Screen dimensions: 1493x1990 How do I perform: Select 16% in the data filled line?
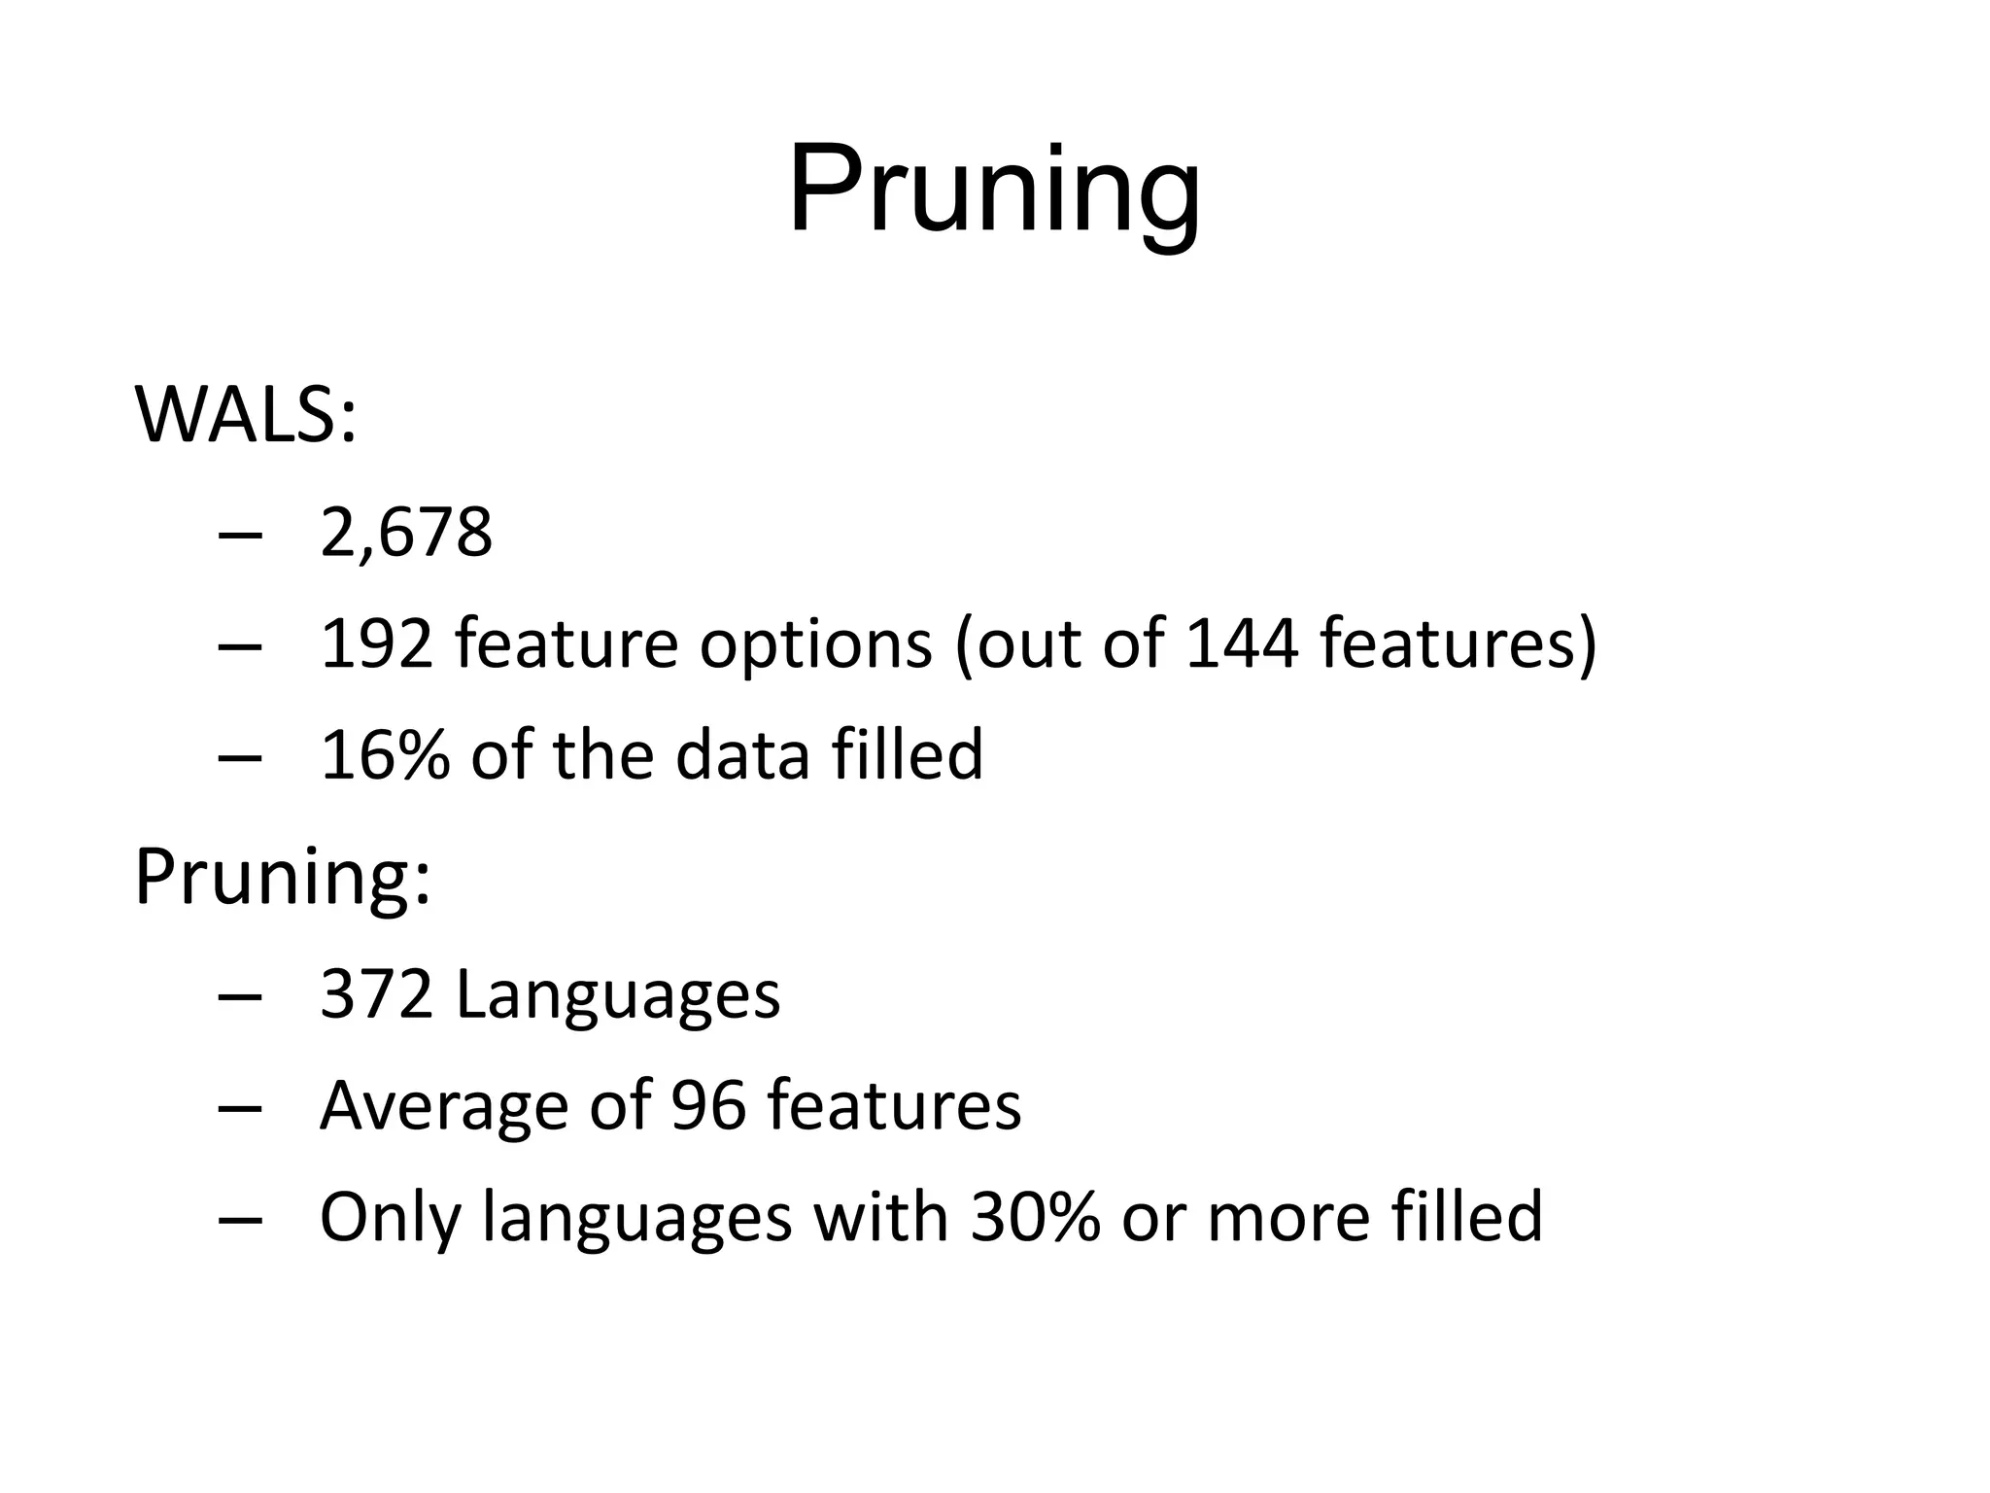[385, 755]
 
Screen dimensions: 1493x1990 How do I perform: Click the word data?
[742, 755]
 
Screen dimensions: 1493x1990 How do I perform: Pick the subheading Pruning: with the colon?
[282, 878]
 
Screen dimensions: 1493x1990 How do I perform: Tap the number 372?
[376, 994]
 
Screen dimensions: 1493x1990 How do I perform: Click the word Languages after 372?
[618, 996]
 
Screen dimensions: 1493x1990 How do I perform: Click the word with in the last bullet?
[880, 1217]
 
